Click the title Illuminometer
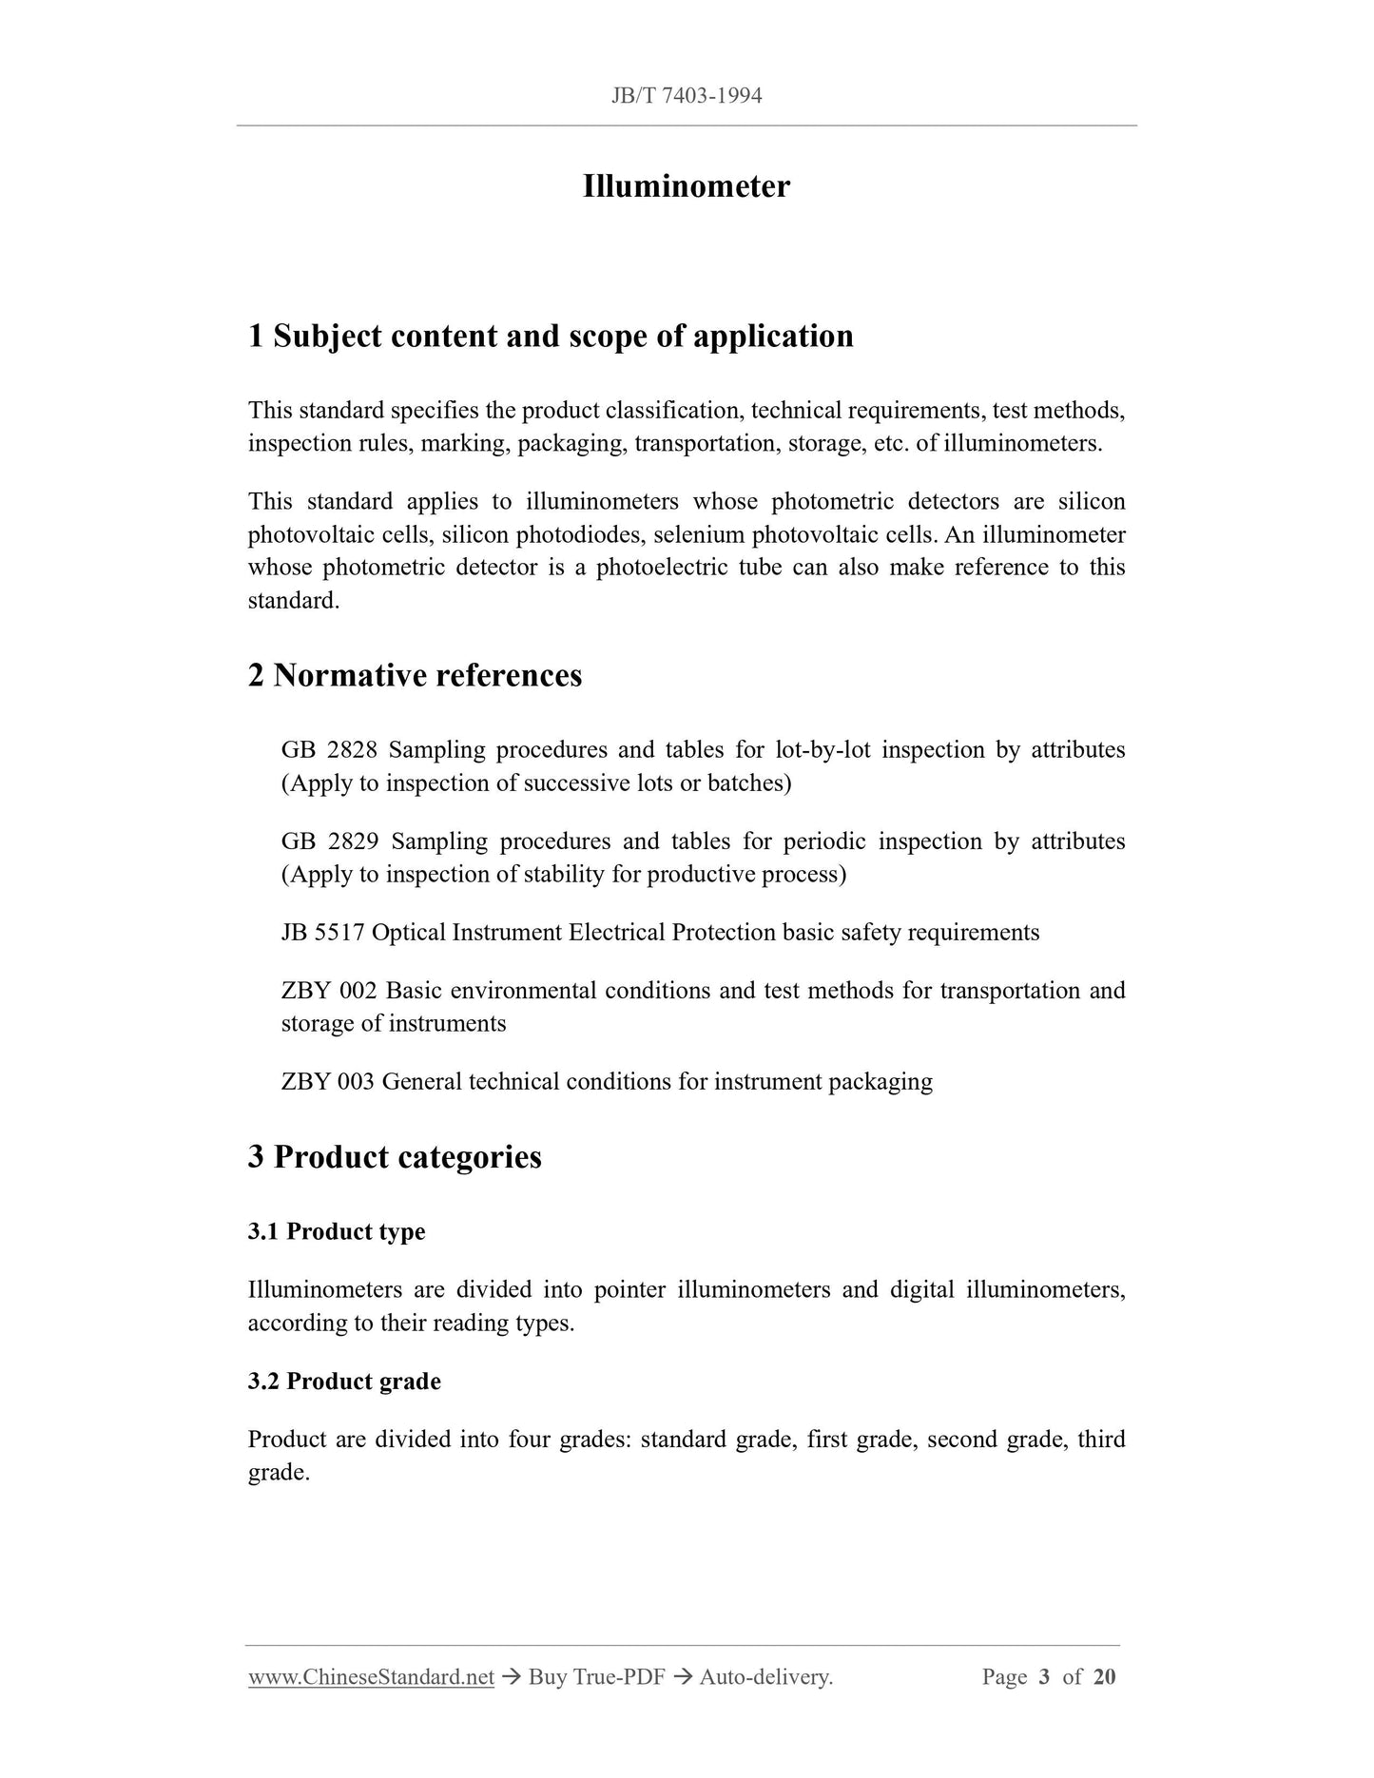[686, 186]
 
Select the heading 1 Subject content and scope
[551, 336]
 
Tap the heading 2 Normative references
[415, 675]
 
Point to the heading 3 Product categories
[395, 1157]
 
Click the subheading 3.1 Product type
[337, 1231]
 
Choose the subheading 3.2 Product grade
[344, 1381]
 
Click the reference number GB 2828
[329, 750]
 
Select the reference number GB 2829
[330, 841]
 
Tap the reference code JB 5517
[322, 933]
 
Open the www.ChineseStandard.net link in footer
[371, 1677]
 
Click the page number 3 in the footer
[1044, 1677]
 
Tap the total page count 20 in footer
[1104, 1677]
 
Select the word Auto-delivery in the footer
[765, 1677]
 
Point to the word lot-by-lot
[822, 750]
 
